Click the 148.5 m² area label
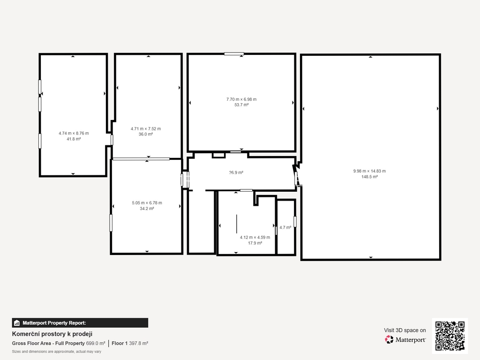(369, 177)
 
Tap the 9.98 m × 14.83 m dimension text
(369, 171)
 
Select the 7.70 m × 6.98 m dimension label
(241, 99)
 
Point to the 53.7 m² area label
(241, 105)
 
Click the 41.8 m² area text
(74, 139)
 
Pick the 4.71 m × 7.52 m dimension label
(146, 128)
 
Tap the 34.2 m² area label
(147, 209)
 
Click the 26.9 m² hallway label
(236, 172)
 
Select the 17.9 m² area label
(255, 243)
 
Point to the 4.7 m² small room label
(285, 227)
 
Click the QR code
(450, 336)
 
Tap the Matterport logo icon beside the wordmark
(389, 339)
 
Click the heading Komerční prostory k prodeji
(52, 334)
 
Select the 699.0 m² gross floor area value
(96, 344)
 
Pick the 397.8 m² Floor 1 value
(138, 344)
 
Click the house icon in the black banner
(17, 323)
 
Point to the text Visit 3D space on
(405, 330)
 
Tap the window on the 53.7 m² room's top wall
(234, 54)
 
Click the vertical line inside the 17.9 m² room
(236, 224)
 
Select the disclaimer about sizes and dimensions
(57, 352)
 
